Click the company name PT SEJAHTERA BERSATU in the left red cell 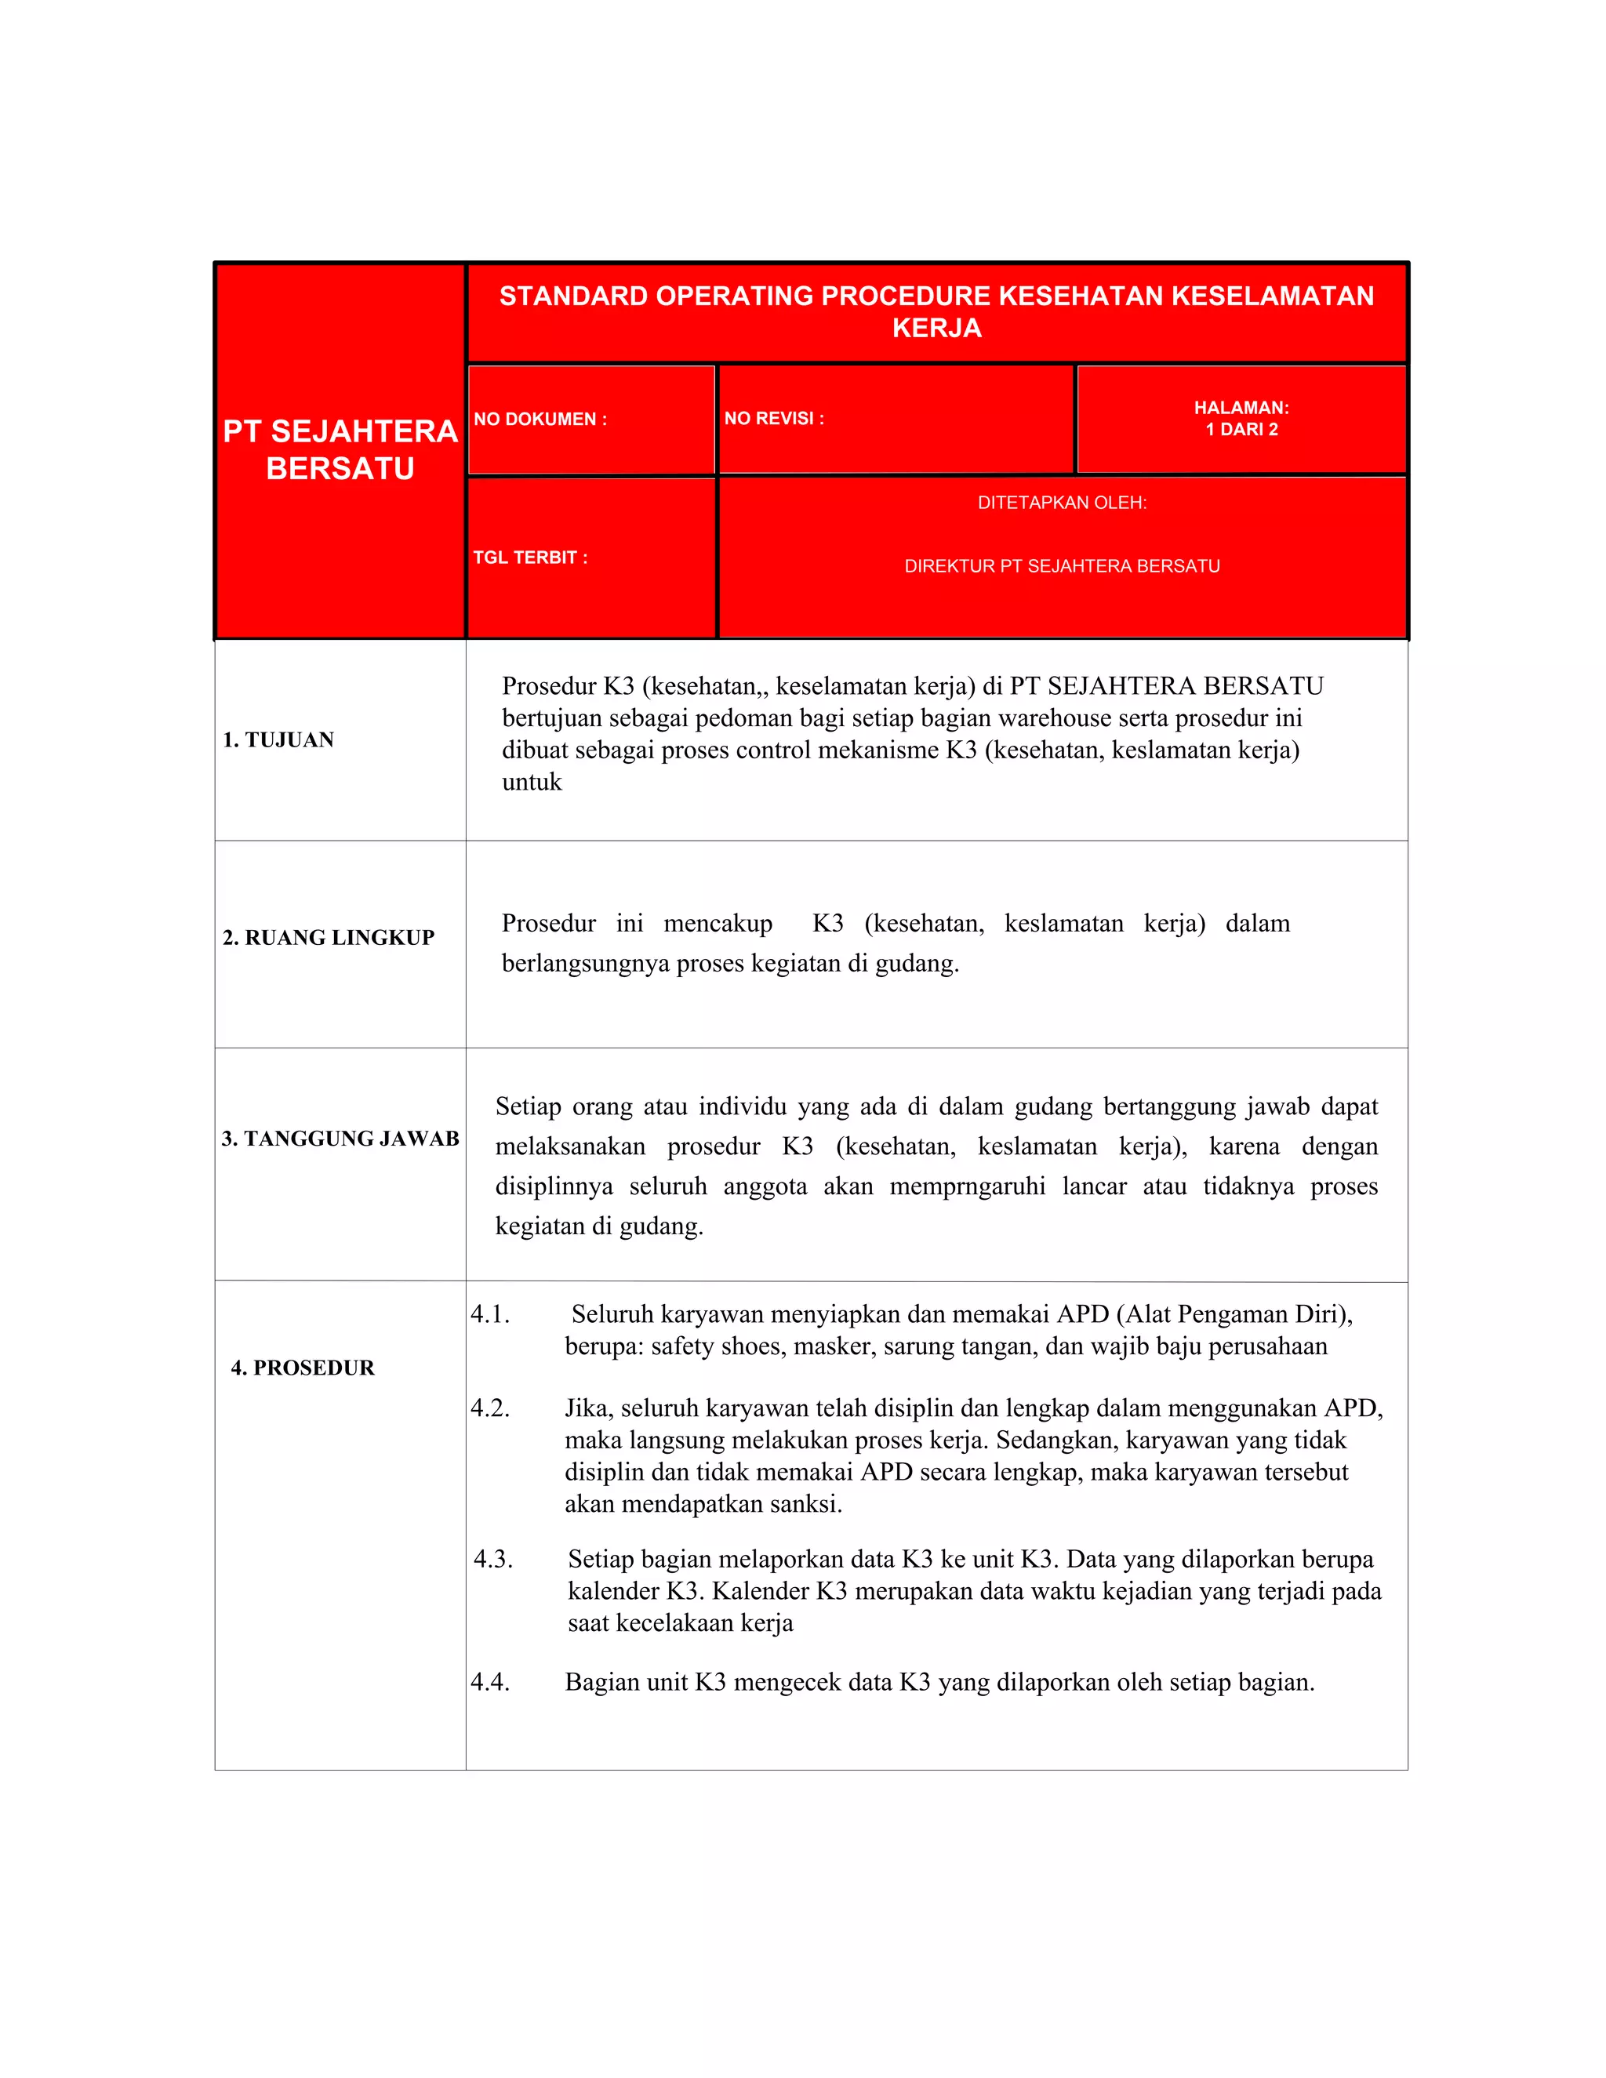(x=340, y=449)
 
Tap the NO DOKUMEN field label (x=540, y=419)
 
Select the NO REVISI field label (x=773, y=418)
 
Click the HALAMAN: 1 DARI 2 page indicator (x=1241, y=418)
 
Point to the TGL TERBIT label (x=530, y=557)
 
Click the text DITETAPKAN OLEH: (x=1062, y=503)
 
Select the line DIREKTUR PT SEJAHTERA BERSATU (x=1062, y=566)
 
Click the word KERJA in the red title (x=936, y=329)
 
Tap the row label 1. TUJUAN (x=278, y=739)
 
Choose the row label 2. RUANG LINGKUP (x=329, y=937)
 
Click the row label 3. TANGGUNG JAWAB (x=340, y=1138)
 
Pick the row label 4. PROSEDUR (x=303, y=1368)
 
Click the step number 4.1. (x=490, y=1314)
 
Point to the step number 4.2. (x=490, y=1408)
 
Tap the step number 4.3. (x=492, y=1559)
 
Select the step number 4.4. (x=490, y=1681)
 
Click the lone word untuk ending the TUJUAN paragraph (x=532, y=782)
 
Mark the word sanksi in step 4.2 (x=806, y=1503)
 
